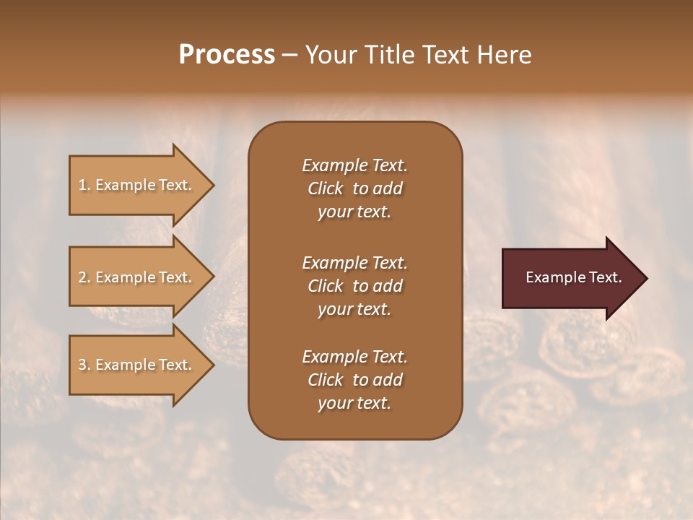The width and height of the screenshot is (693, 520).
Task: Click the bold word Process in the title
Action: (x=227, y=55)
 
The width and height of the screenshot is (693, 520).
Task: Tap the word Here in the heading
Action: (x=504, y=55)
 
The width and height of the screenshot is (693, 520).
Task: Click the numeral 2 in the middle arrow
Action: (x=82, y=277)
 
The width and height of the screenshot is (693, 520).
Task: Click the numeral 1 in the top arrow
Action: (x=82, y=185)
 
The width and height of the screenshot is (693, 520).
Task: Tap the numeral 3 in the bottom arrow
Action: (x=82, y=365)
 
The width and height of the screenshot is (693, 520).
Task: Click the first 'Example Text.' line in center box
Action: (x=354, y=165)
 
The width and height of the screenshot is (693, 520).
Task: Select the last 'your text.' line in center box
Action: (x=354, y=403)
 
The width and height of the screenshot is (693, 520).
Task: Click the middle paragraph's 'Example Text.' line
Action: (x=354, y=263)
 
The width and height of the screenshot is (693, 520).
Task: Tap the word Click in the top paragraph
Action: (x=326, y=188)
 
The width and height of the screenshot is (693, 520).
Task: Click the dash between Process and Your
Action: (x=290, y=56)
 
